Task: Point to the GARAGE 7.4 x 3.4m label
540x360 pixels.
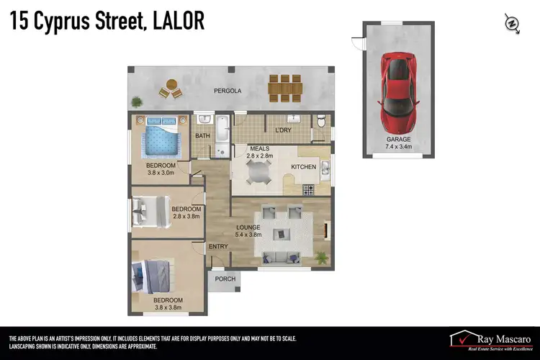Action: (x=398, y=143)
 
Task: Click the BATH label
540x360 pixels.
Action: (x=203, y=135)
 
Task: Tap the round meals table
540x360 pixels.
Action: (x=257, y=171)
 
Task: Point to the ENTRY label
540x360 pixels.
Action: (x=218, y=246)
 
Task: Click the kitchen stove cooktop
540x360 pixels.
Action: (x=309, y=190)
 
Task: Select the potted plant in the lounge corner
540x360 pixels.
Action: (x=322, y=256)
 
